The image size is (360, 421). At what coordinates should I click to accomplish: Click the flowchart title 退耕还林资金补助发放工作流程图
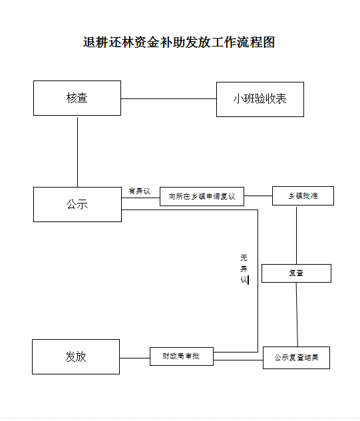tap(178, 43)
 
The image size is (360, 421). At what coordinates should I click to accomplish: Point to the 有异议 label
tap(139, 191)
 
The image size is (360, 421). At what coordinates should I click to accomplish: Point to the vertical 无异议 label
tap(244, 269)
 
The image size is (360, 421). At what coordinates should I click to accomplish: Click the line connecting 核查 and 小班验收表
tap(169, 99)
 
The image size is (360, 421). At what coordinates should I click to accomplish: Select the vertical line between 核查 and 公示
tap(78, 152)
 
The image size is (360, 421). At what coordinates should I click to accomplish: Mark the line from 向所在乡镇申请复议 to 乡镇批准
tap(258, 196)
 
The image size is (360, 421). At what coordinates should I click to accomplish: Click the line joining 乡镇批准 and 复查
tap(297, 235)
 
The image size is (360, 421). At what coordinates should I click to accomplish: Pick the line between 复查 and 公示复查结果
tap(297, 315)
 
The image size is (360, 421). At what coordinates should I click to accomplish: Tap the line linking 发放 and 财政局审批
tap(134, 358)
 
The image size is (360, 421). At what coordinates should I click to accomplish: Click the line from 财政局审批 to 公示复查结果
tap(238, 360)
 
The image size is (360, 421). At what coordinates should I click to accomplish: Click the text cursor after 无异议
tap(248, 280)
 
